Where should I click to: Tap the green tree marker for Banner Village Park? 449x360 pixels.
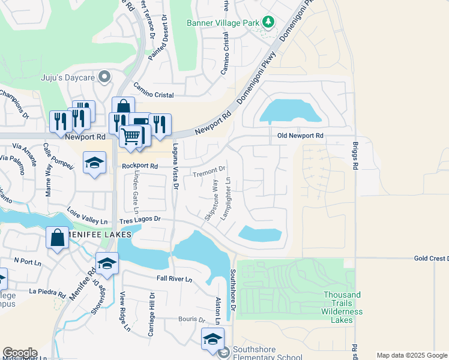coord(268,23)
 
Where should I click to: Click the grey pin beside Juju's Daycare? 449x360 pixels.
coord(105,76)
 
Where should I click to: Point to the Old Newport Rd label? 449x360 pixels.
coord(300,136)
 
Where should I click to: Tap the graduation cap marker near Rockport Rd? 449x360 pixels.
coord(94,163)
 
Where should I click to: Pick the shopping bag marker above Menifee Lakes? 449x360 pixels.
coord(58,238)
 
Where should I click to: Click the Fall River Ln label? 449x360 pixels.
coord(174,279)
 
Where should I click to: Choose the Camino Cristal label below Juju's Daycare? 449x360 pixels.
coord(154,91)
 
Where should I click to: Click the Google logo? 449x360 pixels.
coord(20,353)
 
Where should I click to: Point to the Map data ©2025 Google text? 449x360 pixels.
coord(411,355)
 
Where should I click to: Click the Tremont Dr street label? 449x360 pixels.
coord(209,172)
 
